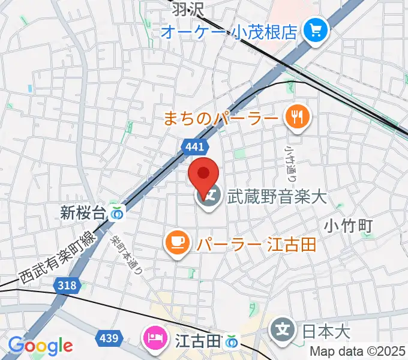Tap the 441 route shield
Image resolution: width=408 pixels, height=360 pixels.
[x=194, y=146]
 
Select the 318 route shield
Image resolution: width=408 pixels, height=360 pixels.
[x=67, y=286]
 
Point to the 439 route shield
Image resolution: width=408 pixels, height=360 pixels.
[x=109, y=338]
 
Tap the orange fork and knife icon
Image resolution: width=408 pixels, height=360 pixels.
[x=297, y=115]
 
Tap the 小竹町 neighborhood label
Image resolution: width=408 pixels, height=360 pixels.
[x=349, y=226]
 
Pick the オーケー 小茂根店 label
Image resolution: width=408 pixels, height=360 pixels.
[x=229, y=30]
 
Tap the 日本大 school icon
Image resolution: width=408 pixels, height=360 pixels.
[x=282, y=330]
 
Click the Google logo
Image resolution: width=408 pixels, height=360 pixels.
[x=40, y=346]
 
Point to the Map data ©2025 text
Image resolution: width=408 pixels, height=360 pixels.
[x=358, y=352]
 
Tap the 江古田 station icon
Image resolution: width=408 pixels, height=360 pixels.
[x=232, y=341]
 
